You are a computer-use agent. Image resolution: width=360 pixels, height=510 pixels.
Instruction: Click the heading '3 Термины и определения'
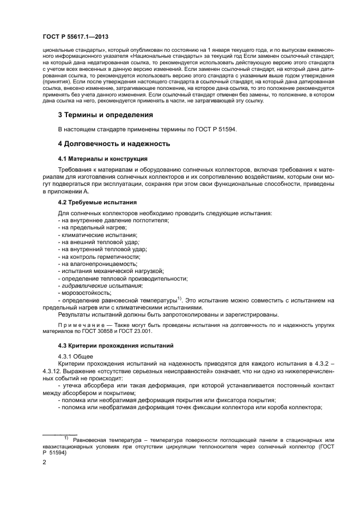[x=105, y=115]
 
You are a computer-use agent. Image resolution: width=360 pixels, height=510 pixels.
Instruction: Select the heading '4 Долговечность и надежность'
[x=114, y=144]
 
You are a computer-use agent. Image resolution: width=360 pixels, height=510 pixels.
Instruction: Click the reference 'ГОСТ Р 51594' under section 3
[x=215, y=129]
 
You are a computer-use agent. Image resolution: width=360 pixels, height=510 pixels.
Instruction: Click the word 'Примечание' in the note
[x=78, y=324]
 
